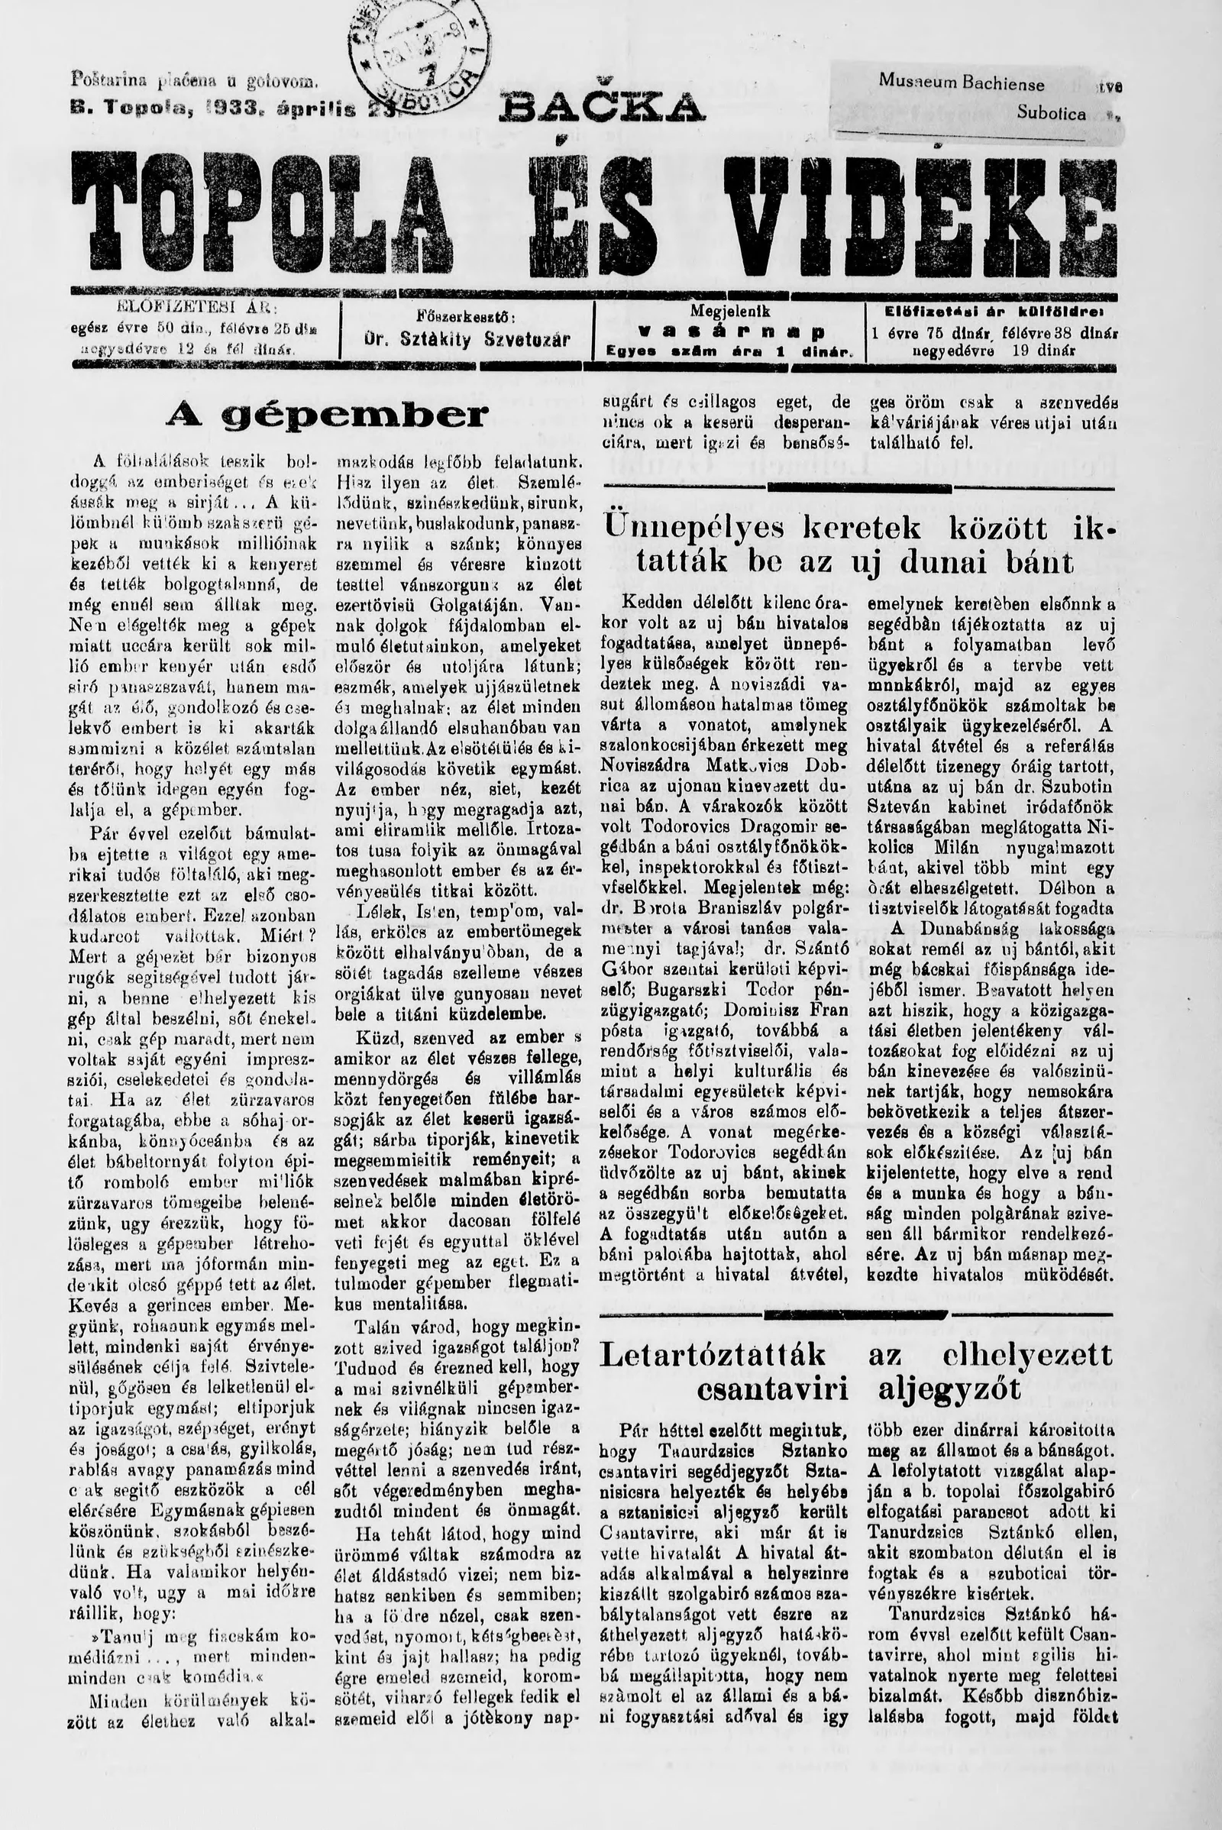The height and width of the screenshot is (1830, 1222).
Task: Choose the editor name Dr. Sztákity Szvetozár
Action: tap(467, 340)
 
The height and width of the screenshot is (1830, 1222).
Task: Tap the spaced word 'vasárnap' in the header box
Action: tap(730, 332)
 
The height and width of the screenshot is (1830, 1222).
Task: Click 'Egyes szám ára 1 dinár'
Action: tap(729, 352)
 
